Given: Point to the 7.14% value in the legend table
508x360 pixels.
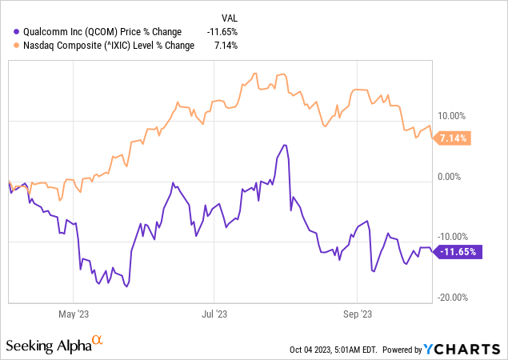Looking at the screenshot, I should tap(226, 46).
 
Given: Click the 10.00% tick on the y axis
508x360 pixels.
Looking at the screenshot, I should tap(454, 114).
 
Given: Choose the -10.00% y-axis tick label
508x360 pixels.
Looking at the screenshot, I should tap(453, 237).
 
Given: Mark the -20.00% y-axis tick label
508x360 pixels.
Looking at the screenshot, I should tap(453, 298).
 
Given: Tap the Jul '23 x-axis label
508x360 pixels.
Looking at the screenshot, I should tap(214, 314).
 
